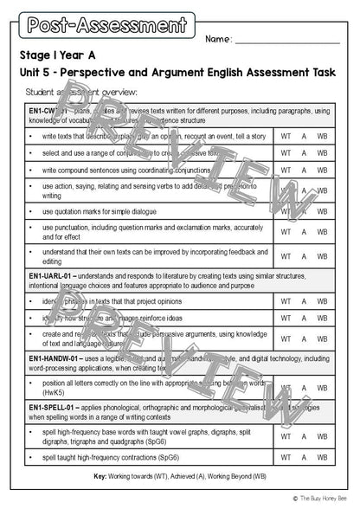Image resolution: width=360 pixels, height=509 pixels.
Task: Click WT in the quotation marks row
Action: [285, 211]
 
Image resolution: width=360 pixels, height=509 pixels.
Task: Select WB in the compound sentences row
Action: [321, 170]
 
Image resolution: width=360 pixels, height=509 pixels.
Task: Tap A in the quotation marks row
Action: [304, 211]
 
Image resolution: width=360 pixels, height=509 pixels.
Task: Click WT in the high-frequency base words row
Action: [285, 436]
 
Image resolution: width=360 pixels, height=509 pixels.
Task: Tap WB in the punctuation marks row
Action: [321, 231]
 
